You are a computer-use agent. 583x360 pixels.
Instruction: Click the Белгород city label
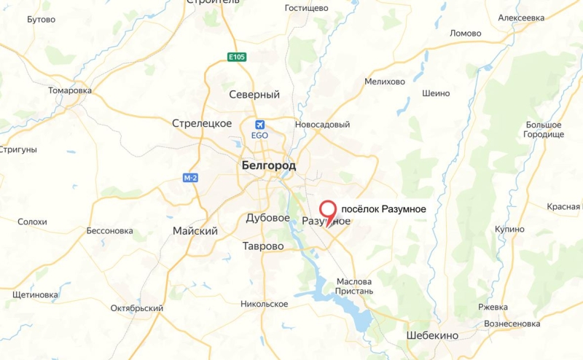(x=268, y=166)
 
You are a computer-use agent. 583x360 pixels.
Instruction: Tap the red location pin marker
(x=331, y=209)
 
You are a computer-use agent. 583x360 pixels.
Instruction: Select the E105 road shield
(x=237, y=57)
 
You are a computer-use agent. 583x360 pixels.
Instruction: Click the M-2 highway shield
(x=191, y=178)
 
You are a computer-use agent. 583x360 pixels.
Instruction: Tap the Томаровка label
(x=70, y=90)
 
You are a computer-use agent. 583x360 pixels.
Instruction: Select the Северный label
(x=254, y=95)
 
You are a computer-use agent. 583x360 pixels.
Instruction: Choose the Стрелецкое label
(x=202, y=123)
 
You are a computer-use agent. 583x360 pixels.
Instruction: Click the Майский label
(x=195, y=231)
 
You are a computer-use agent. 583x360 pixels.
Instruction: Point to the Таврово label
(x=263, y=246)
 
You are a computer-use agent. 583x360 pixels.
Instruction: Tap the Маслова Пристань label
(x=355, y=286)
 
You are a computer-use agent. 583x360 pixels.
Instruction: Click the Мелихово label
(x=385, y=82)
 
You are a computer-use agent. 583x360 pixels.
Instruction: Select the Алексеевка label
(x=521, y=17)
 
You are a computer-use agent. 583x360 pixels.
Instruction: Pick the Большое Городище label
(x=544, y=130)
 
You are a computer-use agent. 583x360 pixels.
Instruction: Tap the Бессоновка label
(x=109, y=231)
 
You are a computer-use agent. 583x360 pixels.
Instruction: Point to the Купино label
(x=509, y=230)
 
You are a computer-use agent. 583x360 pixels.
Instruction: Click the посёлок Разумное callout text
(x=383, y=209)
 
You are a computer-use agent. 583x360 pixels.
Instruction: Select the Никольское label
(x=265, y=304)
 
